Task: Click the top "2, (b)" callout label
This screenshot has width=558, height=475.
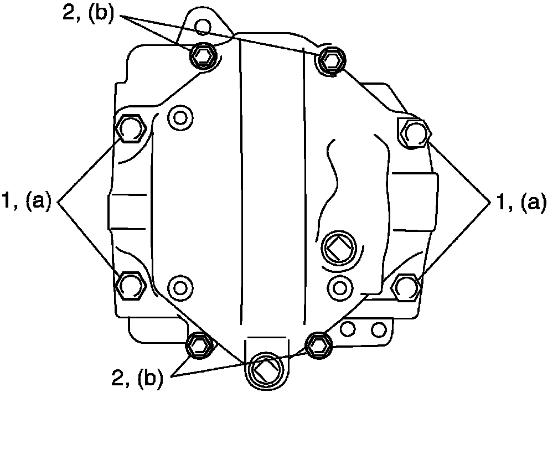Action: click(88, 14)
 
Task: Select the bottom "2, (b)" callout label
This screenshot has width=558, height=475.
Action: click(137, 378)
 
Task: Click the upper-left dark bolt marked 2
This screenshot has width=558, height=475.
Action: click(201, 55)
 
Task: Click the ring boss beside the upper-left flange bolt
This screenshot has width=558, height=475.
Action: click(179, 117)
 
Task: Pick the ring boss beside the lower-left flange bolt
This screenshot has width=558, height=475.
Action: click(179, 287)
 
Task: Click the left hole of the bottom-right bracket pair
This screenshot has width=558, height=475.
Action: click(348, 329)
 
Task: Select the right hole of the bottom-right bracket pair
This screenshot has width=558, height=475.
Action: click(379, 330)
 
